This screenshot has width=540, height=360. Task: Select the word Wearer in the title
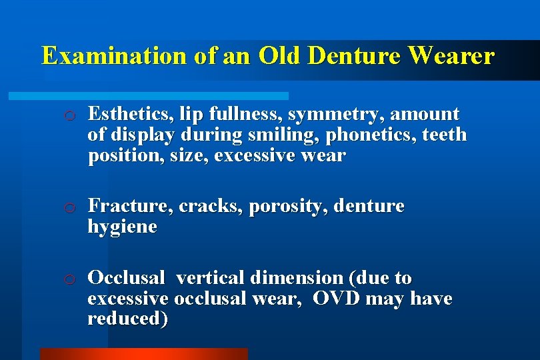coord(451,56)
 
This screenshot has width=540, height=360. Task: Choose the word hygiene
coord(122,228)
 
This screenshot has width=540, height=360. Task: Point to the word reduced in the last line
coord(127,319)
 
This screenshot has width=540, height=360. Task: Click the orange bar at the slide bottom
coord(143,353)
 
